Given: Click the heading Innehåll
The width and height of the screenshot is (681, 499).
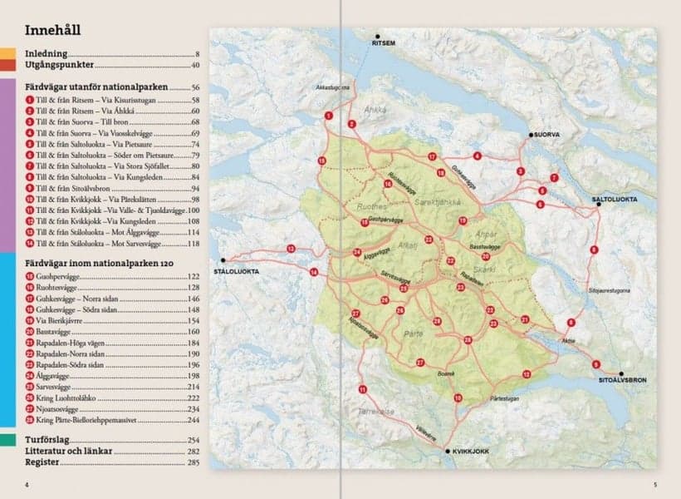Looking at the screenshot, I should click(x=52, y=32).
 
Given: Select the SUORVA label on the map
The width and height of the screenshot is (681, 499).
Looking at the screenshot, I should click(x=548, y=134).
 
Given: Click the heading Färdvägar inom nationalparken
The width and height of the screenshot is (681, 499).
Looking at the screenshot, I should click(x=93, y=263).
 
